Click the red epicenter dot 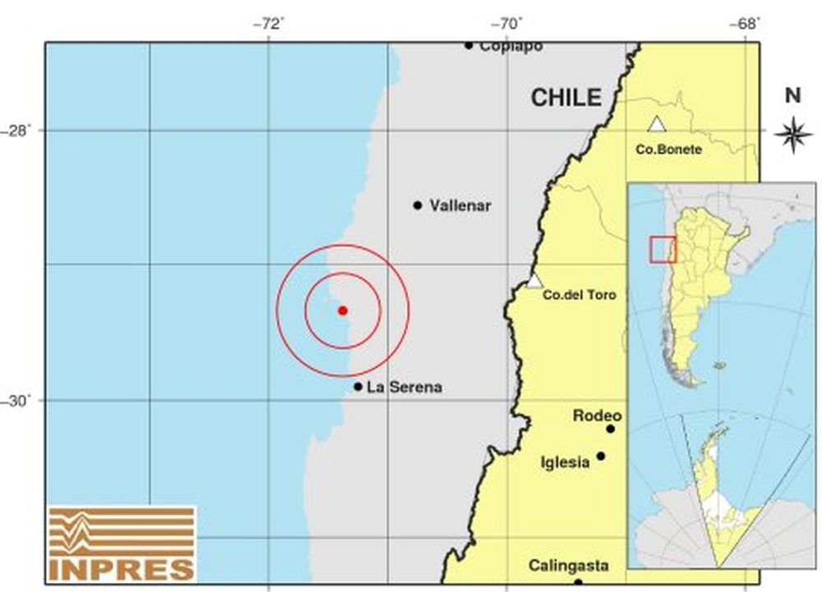pyautogui.click(x=343, y=310)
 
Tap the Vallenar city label pyautogui.click(x=460, y=206)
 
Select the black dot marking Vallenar pyautogui.click(x=418, y=205)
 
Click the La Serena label pyautogui.click(x=404, y=388)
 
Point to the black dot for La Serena pyautogui.click(x=358, y=387)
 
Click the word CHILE pyautogui.click(x=566, y=98)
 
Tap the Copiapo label pyautogui.click(x=510, y=46)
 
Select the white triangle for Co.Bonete pyautogui.click(x=656, y=125)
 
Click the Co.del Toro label pyautogui.click(x=580, y=295)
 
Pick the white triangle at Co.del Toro pyautogui.click(x=534, y=281)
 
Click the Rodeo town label pyautogui.click(x=597, y=416)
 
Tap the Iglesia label pyautogui.click(x=566, y=462)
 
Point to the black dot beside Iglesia pyautogui.click(x=601, y=456)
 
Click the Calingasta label pyautogui.click(x=569, y=566)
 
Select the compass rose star pyautogui.click(x=793, y=133)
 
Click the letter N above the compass pyautogui.click(x=792, y=96)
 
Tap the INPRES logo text pyautogui.click(x=122, y=568)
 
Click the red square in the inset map pyautogui.click(x=663, y=249)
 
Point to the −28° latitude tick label pyautogui.click(x=20, y=131)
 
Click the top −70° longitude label pyautogui.click(x=507, y=24)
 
